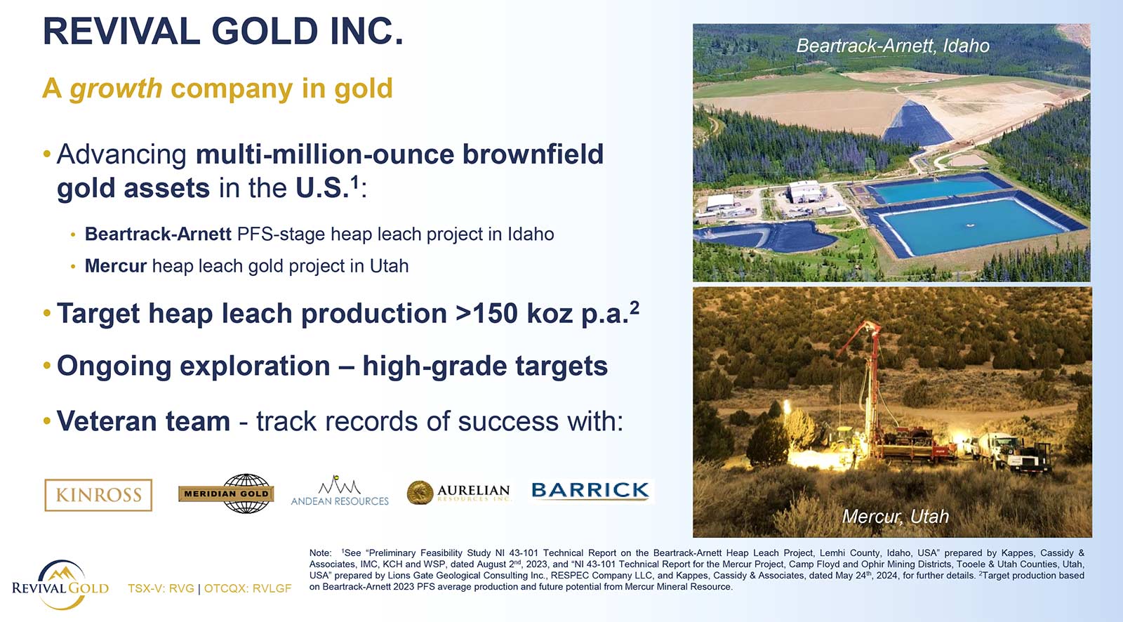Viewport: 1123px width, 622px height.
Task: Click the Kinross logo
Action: point(98,495)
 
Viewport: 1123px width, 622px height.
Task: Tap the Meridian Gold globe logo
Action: point(226,494)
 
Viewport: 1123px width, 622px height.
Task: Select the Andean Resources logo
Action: point(340,490)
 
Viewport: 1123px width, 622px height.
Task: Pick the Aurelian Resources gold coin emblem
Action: point(420,492)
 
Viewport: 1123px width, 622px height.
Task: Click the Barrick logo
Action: point(590,490)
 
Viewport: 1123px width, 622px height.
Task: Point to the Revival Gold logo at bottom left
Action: point(60,584)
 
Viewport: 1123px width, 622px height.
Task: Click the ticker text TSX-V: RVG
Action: point(161,588)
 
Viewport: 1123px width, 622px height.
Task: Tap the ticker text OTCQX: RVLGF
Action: point(248,588)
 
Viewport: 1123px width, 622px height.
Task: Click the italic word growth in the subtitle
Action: point(116,88)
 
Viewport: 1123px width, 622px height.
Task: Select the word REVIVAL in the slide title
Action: point(122,31)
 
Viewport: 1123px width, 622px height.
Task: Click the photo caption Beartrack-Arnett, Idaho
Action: point(893,46)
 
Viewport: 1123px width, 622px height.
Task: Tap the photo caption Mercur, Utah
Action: point(896,516)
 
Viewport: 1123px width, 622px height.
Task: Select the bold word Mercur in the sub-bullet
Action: point(116,266)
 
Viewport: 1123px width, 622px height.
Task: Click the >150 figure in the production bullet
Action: point(486,314)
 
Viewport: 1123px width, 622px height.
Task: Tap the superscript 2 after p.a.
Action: point(634,307)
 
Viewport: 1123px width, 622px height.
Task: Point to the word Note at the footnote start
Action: point(320,553)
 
